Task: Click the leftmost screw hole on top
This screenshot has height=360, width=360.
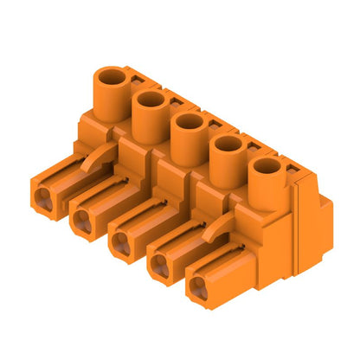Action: (112, 78)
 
